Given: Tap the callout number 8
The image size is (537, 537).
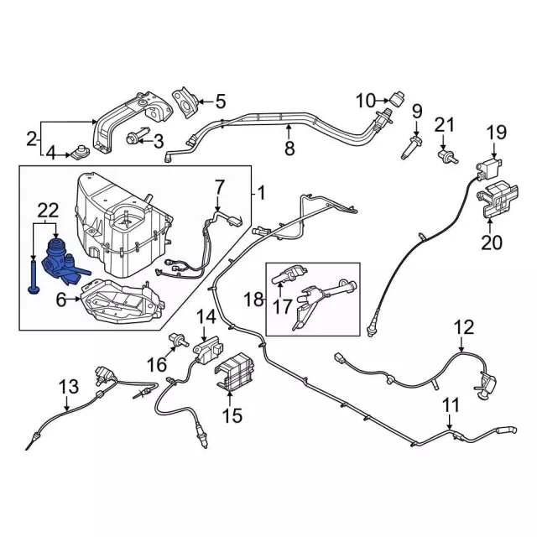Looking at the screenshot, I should [x=289, y=149].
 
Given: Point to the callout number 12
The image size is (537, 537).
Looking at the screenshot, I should [x=463, y=327].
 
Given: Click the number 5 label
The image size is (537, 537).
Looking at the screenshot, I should [x=220, y=102].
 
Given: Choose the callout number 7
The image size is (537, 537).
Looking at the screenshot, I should [x=220, y=185].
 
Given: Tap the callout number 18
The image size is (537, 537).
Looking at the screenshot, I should [x=254, y=298].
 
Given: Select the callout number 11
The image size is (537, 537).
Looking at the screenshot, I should [x=451, y=405].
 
